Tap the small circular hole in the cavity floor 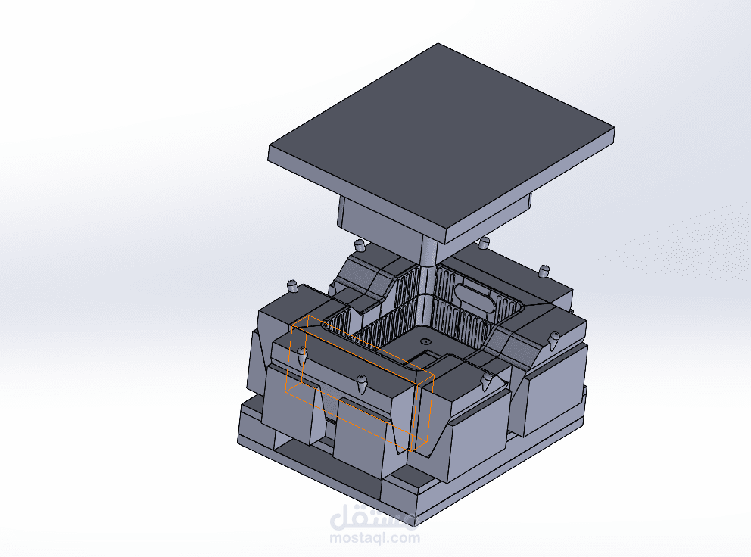coord(425,341)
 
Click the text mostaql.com coord(375,537)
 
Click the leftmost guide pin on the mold coord(291,286)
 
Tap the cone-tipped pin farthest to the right coord(555,340)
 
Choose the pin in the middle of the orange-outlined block coord(362,383)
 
